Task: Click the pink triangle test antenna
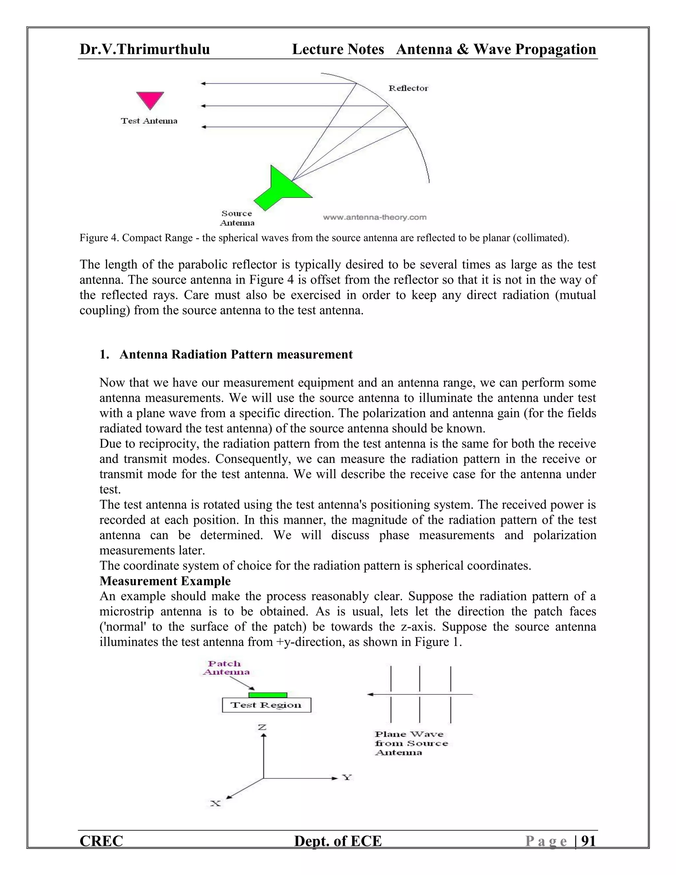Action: (150, 99)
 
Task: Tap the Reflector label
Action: (408, 88)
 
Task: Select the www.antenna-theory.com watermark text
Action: (374, 217)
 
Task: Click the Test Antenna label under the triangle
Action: (149, 121)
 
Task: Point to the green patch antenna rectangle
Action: (267, 695)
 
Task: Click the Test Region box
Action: (266, 705)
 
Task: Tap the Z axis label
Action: (262, 727)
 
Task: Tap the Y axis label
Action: (347, 778)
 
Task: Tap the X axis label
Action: (216, 803)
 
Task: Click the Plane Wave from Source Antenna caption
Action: (411, 743)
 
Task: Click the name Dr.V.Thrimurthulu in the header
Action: (145, 49)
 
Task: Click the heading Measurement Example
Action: (165, 580)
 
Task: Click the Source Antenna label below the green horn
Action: (237, 218)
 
